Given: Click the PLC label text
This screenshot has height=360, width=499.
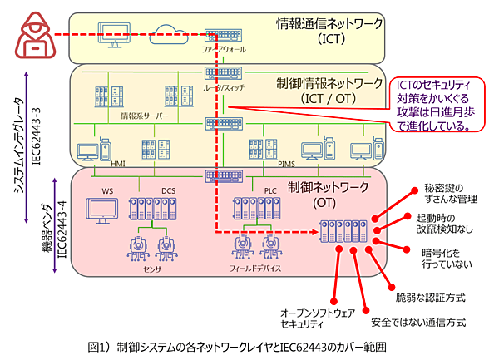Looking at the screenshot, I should click(269, 191).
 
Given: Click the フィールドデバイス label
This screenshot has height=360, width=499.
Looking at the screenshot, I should click(255, 268).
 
